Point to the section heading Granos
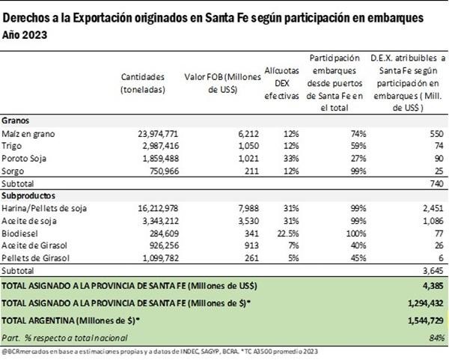(x=16, y=120)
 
